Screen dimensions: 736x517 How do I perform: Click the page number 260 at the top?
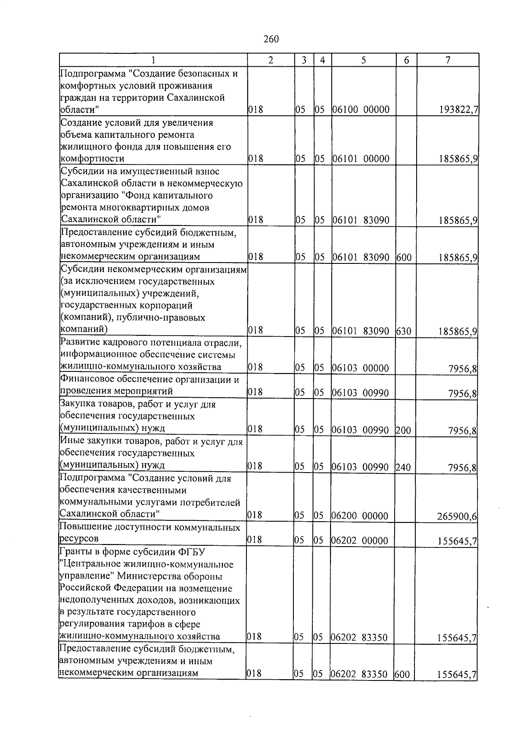271,40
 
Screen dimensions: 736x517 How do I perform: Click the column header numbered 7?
448,60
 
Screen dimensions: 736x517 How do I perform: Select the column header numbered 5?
364,60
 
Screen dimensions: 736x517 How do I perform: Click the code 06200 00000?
360,516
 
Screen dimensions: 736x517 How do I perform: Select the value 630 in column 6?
404,331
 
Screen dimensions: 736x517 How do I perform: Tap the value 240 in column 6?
403,467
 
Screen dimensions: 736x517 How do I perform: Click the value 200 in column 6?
403,430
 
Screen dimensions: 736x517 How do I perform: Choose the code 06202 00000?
360,541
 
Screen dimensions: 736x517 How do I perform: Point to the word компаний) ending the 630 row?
83,330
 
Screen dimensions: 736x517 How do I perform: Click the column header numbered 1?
153,60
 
